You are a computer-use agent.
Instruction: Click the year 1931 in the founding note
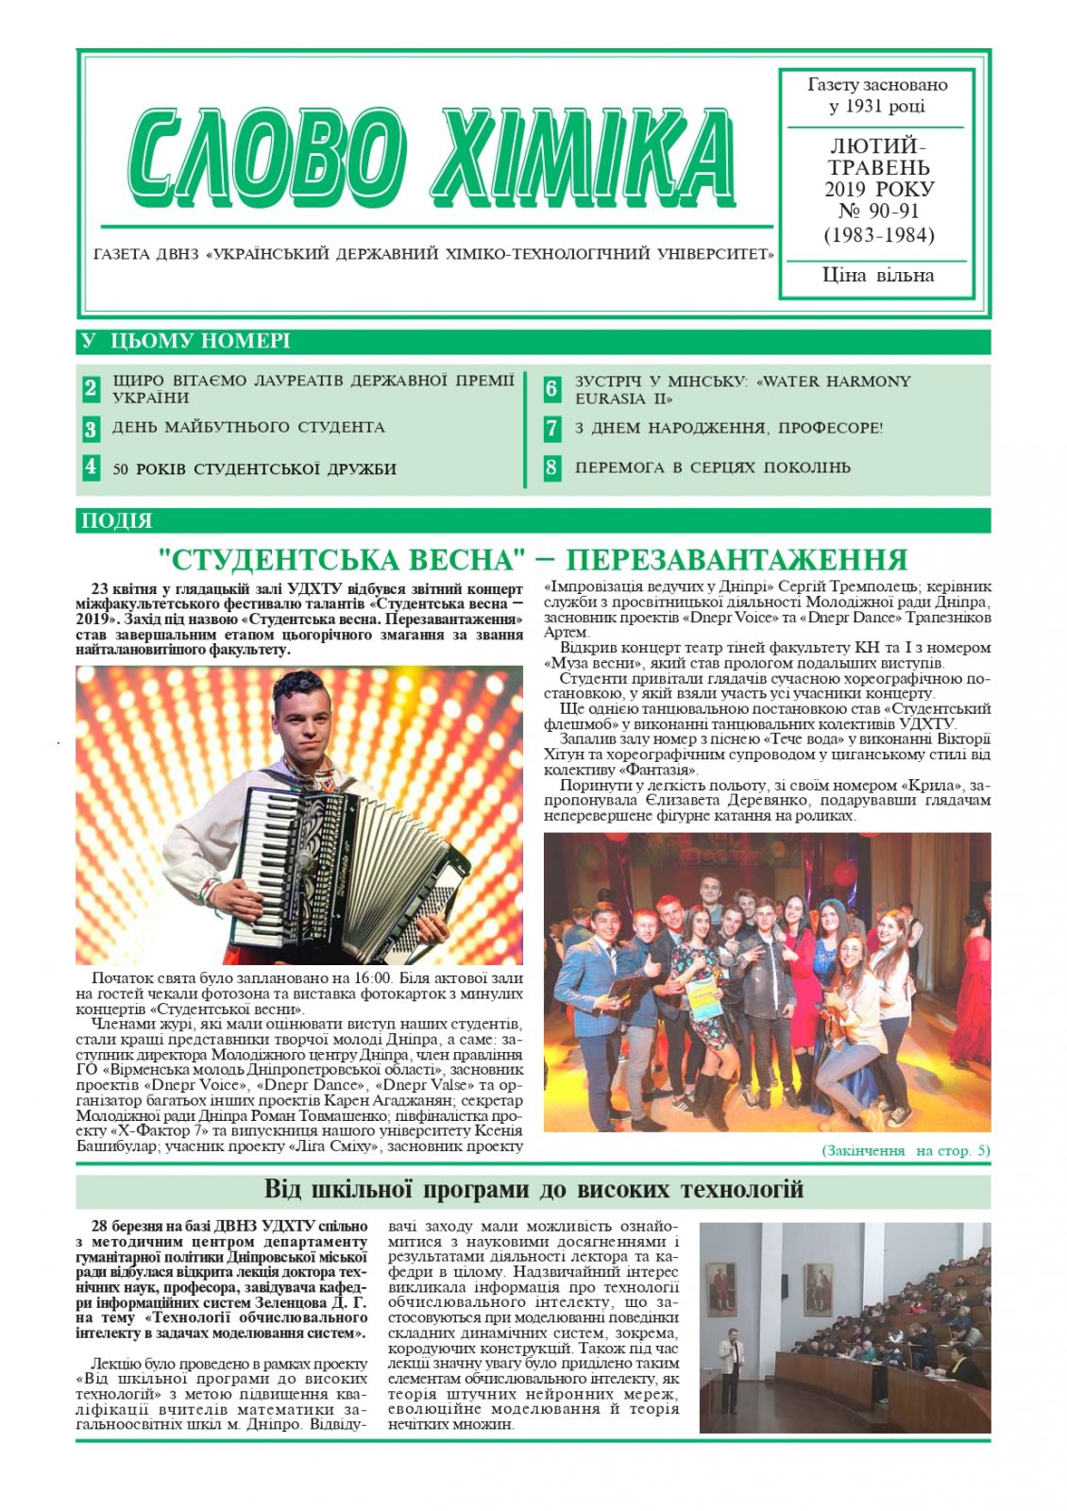(863, 106)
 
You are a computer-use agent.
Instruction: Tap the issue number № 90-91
(878, 212)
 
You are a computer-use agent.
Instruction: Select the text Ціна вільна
(878, 276)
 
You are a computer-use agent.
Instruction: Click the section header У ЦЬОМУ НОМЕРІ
(186, 341)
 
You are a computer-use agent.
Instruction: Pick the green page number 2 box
(91, 388)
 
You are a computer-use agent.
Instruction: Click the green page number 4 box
(91, 467)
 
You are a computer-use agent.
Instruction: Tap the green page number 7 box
(552, 428)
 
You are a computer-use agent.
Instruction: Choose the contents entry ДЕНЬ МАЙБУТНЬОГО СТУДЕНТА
(248, 428)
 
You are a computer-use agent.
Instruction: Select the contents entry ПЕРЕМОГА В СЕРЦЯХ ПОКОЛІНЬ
(713, 467)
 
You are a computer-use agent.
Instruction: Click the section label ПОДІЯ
(117, 520)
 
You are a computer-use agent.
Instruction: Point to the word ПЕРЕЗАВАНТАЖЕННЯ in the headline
(737, 559)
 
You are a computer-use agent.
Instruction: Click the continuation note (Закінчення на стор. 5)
(906, 1150)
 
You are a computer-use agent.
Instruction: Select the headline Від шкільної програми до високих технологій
(533, 1189)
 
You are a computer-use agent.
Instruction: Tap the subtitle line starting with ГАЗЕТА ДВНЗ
(433, 254)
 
